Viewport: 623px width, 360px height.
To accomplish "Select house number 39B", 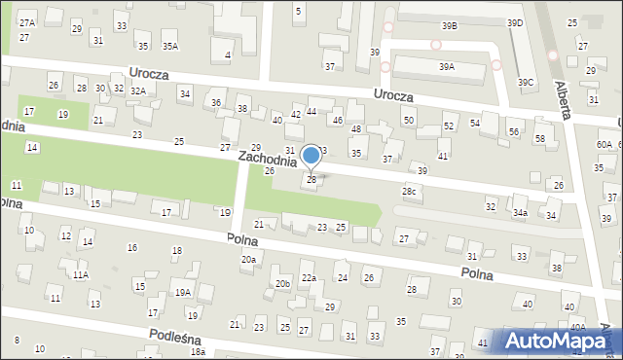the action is tap(449, 26).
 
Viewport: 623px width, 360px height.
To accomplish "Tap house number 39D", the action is tap(514, 23).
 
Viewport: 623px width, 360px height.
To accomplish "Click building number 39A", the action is tap(446, 67).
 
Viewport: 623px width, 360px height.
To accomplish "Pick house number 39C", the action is tap(526, 83).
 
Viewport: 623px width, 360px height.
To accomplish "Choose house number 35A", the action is tap(170, 47).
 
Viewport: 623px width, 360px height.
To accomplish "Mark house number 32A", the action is tap(138, 90).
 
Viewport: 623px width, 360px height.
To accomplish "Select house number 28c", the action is tap(410, 191).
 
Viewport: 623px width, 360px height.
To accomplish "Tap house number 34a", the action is tap(521, 212).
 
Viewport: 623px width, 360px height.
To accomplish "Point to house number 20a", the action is tap(249, 259).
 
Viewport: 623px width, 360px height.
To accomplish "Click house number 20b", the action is tap(281, 283).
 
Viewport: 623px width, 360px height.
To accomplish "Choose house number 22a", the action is tap(309, 278).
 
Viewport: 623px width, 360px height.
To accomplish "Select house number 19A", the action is tap(182, 292).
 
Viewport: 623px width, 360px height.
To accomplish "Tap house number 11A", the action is tap(82, 275).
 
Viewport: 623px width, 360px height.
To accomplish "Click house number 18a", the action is tap(198, 351).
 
